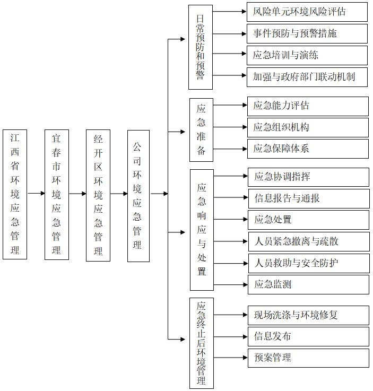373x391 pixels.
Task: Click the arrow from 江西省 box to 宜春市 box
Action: tap(36, 193)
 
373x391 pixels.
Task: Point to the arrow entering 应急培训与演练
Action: tap(229, 54)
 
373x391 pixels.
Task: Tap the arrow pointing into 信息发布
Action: tap(231, 337)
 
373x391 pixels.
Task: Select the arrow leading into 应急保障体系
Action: tap(230, 149)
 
